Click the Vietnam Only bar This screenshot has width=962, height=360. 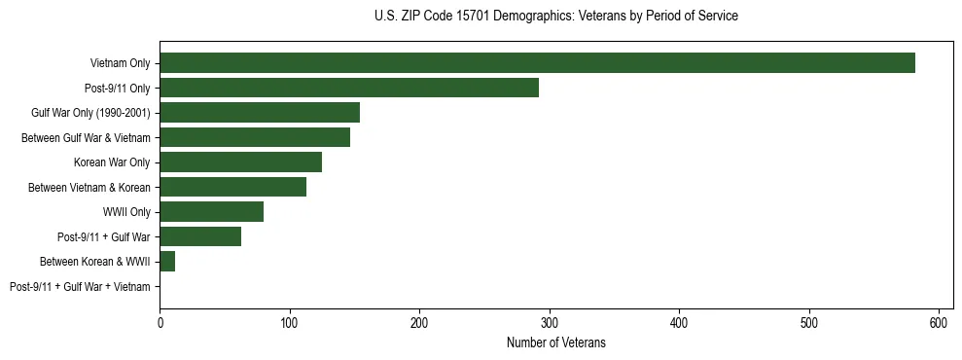click(x=537, y=63)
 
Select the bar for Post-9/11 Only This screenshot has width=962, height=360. click(x=349, y=88)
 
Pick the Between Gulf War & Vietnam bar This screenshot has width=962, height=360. click(x=255, y=137)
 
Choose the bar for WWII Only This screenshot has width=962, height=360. click(x=211, y=211)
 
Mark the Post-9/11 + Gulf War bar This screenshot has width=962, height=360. click(x=200, y=236)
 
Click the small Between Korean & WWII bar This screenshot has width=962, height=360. click(x=167, y=261)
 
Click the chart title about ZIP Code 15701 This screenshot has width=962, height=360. click(x=555, y=17)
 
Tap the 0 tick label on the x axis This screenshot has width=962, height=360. click(x=160, y=323)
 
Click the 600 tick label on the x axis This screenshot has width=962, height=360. click(x=939, y=323)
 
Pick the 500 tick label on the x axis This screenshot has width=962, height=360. click(x=809, y=323)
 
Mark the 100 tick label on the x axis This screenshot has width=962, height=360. click(x=289, y=323)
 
